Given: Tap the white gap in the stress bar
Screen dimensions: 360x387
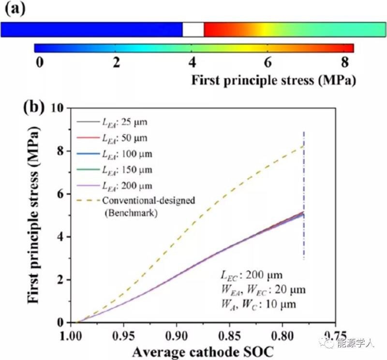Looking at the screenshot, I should click(x=193, y=30).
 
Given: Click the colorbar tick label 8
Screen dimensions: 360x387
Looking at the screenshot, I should click(x=344, y=63).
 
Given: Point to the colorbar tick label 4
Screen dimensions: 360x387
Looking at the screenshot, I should click(x=192, y=63).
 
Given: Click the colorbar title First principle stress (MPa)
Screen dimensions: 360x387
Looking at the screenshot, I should click(x=274, y=80).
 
